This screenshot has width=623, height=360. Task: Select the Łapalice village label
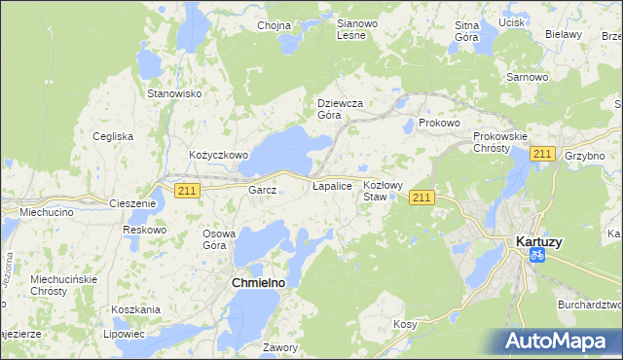[331, 184]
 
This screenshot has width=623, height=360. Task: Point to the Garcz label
[263, 191]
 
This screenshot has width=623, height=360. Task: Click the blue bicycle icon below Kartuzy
[535, 255]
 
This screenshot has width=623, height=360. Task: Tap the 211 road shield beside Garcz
[188, 191]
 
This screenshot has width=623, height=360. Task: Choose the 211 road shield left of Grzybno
[542, 154]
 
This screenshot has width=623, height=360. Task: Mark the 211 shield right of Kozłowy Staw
[421, 198]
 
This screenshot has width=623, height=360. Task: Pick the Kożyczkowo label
[219, 155]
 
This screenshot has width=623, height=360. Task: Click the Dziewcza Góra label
[341, 108]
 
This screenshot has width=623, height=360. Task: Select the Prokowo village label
[438, 124]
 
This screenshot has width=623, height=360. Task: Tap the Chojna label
[275, 25]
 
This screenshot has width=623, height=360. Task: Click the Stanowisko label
[173, 93]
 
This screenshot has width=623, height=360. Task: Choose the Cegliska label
[113, 136]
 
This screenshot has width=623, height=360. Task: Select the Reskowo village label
[145, 230]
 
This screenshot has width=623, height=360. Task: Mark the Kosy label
[405, 323]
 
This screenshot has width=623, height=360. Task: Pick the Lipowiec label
[122, 333]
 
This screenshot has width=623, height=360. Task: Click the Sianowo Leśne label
[350, 28]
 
